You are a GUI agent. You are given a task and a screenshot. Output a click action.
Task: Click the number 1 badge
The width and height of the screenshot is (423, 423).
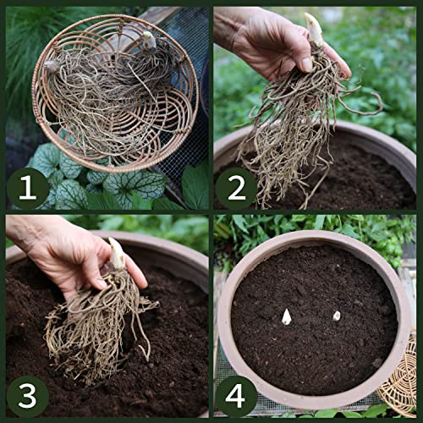coord(27,188)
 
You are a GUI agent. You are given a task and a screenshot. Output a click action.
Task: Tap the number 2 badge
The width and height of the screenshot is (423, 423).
coord(236,188)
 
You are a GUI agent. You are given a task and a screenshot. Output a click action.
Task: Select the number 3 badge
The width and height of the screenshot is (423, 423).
coord(27,396)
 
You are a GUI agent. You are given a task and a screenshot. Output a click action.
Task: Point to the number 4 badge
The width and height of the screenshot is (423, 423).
coord(236,396)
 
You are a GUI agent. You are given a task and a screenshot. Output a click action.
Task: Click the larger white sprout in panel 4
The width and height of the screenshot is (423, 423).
coord(286,316)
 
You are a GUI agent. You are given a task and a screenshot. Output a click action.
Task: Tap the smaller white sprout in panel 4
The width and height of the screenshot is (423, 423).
coord(337,316)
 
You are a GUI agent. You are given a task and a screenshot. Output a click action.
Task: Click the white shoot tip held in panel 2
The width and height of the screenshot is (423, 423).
coord(315,29)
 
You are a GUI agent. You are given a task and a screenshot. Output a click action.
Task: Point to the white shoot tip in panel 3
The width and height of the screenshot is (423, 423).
coord(117,254)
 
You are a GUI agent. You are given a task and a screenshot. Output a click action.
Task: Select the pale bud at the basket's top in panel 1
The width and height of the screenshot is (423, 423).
coord(149,40)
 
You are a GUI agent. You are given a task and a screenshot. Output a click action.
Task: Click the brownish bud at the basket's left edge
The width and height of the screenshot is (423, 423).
coord(51,67)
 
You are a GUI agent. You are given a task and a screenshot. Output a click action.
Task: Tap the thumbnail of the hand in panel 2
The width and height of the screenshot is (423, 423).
coord(307,64)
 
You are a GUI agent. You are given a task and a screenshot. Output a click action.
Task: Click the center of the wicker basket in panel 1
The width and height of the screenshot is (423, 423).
coord(115,93)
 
